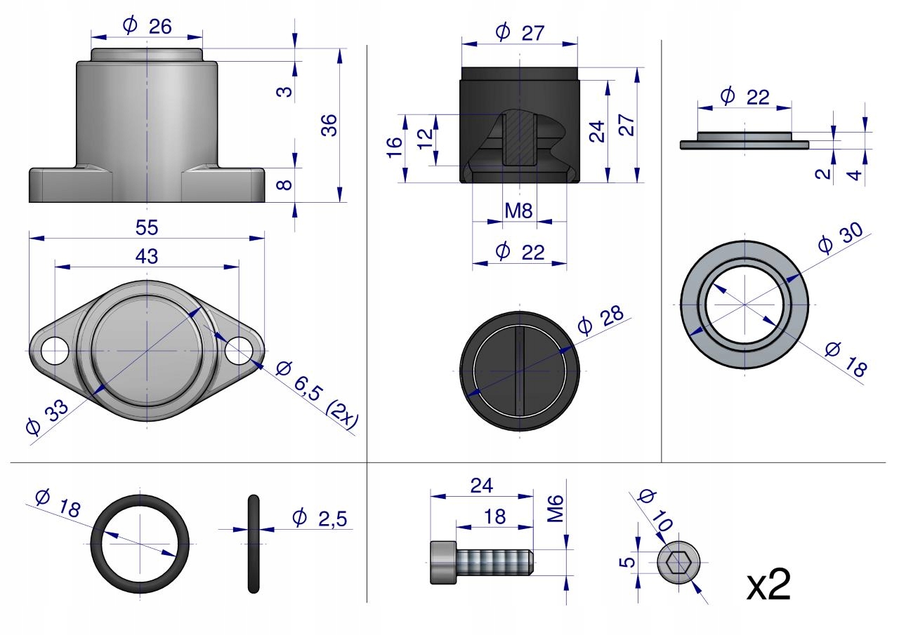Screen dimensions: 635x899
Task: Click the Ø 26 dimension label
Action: pos(147,27)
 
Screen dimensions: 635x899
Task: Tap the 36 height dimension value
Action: pos(329,125)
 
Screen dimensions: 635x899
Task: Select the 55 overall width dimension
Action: pos(147,227)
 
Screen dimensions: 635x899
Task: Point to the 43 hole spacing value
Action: pos(147,257)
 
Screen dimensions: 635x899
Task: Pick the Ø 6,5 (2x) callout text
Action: pos(317,394)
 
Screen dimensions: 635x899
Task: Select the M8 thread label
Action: pos(519,210)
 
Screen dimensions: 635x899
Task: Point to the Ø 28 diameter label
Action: pos(600,320)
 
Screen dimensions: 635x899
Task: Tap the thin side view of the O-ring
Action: pos(254,543)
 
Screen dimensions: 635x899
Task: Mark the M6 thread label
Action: pos(556,508)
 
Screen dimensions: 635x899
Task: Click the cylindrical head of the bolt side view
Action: pos(442,562)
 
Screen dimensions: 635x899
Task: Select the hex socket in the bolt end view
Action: pos(678,562)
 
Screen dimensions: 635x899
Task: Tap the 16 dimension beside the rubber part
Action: pos(394,146)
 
